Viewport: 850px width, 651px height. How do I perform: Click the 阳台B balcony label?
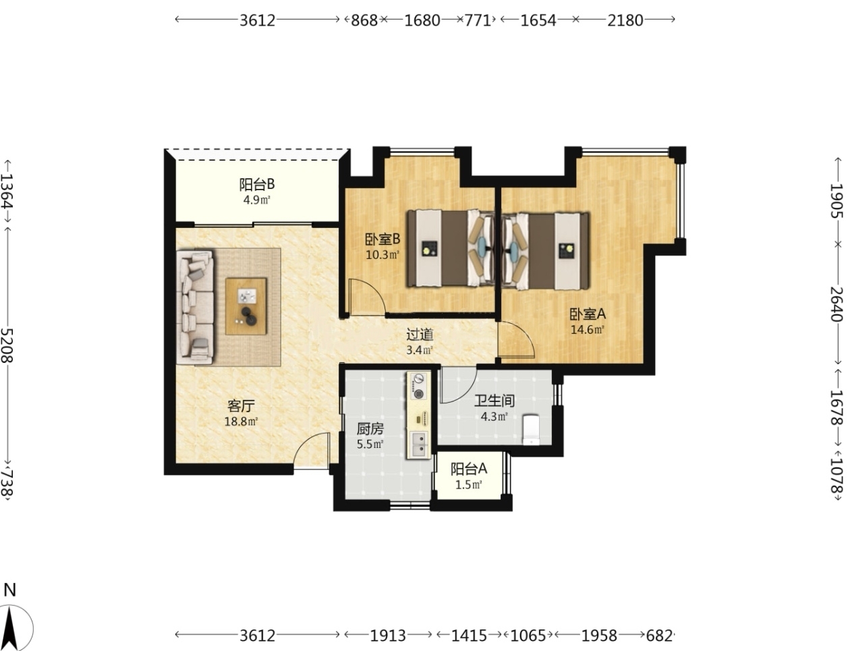tap(256, 183)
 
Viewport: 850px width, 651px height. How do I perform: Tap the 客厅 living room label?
tap(241, 406)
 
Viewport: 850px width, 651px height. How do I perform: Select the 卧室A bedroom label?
tap(588, 314)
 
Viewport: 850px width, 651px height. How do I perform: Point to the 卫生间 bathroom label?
tap(494, 401)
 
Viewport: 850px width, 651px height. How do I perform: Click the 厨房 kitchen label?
tap(370, 429)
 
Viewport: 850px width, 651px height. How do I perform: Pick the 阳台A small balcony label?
tap(469, 469)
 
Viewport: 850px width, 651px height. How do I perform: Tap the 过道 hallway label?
tap(420, 335)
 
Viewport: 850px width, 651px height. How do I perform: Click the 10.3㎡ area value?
tap(382, 255)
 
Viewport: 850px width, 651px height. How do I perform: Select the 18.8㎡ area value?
tap(241, 422)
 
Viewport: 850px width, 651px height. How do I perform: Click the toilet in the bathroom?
tap(531, 429)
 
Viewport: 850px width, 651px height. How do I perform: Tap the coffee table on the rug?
tap(246, 306)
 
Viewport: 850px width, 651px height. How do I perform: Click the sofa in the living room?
tap(195, 308)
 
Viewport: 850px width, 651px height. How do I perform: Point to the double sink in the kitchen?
tap(419, 445)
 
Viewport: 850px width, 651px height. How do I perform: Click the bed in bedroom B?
tap(451, 249)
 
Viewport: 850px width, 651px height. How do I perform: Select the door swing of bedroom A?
tap(516, 339)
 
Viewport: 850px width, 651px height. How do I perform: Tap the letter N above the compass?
tap(9, 590)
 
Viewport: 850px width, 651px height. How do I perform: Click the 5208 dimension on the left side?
tap(7, 345)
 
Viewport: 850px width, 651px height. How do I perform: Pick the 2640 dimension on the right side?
tap(837, 304)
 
